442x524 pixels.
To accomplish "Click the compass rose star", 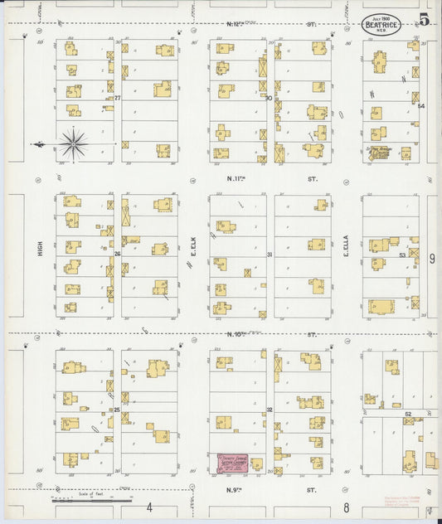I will tap(74, 143).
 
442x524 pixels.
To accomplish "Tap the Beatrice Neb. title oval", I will tap(382, 25).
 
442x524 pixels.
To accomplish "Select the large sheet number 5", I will tap(424, 19).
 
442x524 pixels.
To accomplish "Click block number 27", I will tap(117, 99).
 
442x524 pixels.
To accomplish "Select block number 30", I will tap(270, 98).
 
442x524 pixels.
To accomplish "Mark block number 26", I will tap(117, 254).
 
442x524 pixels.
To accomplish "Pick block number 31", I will tap(270, 255).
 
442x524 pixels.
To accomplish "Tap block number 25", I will tap(117, 410).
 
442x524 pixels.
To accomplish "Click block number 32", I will tap(270, 410).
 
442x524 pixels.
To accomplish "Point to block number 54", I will tap(420, 106).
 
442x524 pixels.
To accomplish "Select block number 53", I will tap(402, 255).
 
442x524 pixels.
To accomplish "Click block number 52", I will tap(408, 413).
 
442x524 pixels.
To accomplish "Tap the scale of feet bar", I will tap(91, 500).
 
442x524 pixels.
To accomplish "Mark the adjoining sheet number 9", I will tap(432, 259).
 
